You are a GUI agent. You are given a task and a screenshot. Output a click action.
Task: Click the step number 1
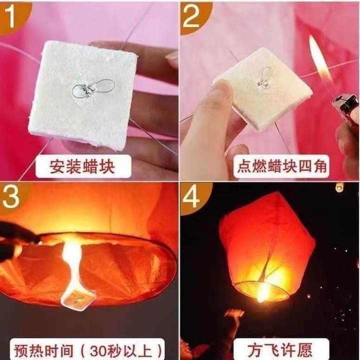[9, 16]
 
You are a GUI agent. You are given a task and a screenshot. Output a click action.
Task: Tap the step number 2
[191, 16]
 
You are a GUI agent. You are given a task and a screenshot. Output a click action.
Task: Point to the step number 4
[191, 196]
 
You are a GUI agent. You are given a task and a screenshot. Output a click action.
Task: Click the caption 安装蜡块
[82, 166]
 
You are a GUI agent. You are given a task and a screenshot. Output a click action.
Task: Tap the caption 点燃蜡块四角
[281, 166]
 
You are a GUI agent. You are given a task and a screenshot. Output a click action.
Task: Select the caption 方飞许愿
[280, 349]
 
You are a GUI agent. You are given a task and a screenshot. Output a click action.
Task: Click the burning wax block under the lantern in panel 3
[78, 298]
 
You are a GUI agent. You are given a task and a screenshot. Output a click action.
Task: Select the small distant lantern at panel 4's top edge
[339, 187]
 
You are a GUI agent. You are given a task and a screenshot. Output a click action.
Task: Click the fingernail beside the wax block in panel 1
[172, 58]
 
